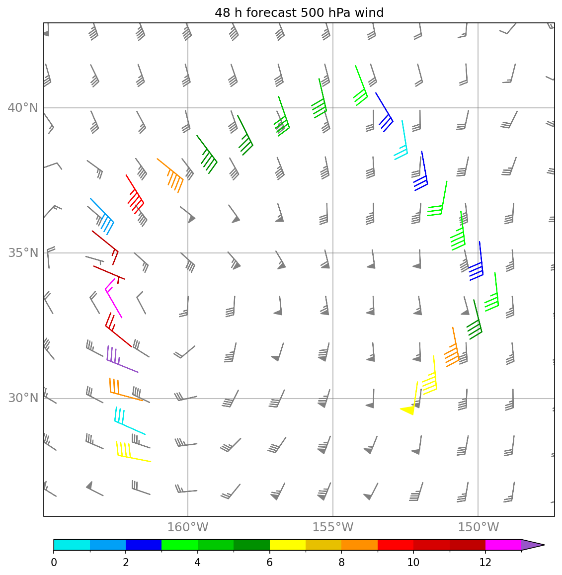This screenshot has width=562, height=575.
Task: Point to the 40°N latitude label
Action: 22,108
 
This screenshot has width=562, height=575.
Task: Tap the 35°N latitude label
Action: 22,253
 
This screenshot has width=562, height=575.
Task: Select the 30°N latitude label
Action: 22,398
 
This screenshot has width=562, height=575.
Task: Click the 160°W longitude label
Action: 188,527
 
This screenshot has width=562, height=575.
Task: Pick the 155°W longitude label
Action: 333,527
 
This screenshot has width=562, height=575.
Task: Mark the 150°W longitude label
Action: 478,527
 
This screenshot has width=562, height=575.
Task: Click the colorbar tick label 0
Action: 54,563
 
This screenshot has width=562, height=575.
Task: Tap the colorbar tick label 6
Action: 269,563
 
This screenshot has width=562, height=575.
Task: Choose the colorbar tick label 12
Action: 485,563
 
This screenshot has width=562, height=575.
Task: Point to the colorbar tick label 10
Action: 413,563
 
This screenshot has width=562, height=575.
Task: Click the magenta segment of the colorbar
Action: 503,545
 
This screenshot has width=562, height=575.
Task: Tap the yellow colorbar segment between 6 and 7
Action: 287,545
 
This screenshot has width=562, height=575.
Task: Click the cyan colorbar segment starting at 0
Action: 72,545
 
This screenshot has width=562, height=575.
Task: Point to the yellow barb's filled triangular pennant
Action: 408,410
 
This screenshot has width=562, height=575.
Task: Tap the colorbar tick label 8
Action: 341,563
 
